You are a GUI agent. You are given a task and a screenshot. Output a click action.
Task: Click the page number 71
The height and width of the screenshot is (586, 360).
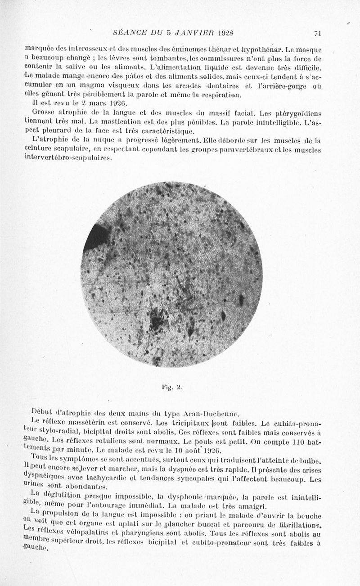(317, 33)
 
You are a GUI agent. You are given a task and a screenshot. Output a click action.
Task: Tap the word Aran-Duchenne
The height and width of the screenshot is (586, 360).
(211, 414)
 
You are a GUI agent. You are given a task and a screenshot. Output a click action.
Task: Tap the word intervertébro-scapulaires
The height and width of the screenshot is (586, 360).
(67, 158)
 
